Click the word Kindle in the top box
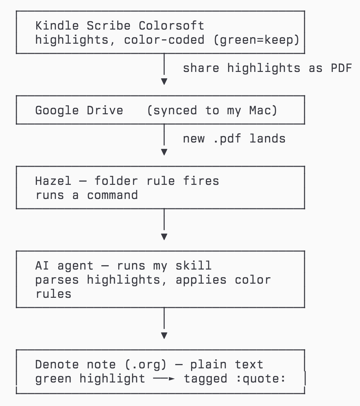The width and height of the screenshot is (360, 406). [57, 26]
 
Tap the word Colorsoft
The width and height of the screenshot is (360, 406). [171, 26]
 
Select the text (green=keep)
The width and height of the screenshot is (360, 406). [257, 40]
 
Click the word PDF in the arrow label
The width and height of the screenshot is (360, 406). [341, 68]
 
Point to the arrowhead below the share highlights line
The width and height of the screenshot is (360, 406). [164, 81]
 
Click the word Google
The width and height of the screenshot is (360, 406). [57, 111]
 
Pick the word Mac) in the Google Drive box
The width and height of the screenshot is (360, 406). [263, 111]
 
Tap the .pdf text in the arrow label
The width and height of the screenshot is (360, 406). [227, 139]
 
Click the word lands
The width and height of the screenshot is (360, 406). [268, 139]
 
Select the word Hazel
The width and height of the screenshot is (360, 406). [53, 181]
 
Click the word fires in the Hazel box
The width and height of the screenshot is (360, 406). [201, 181]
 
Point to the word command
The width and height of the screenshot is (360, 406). [112, 195]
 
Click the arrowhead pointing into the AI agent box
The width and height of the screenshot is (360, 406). [164, 237]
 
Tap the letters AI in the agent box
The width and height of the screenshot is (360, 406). [42, 266]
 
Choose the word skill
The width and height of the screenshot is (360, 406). [194, 266]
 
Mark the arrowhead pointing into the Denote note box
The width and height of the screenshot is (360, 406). [164, 335]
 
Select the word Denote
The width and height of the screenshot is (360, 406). [57, 364]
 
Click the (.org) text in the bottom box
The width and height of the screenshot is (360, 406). [145, 365]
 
